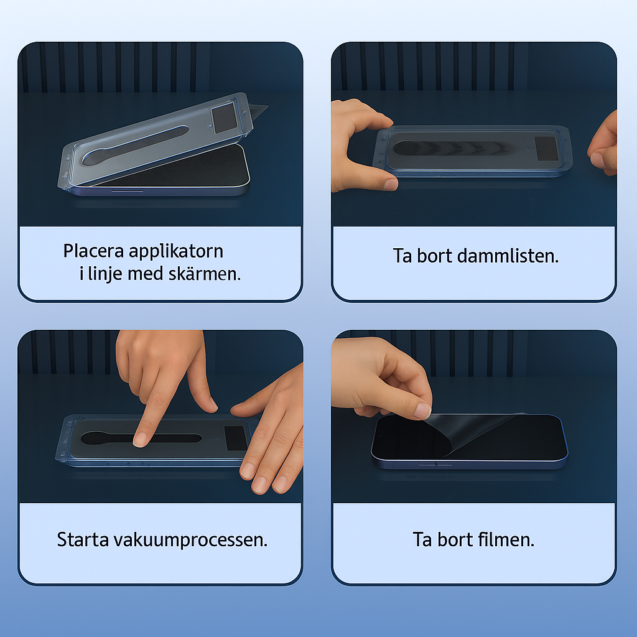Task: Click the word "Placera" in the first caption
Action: pyautogui.click(x=93, y=251)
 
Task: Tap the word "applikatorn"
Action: pyautogui.click(x=176, y=252)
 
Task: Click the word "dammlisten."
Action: pyautogui.click(x=508, y=256)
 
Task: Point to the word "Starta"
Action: pyautogui.click(x=83, y=540)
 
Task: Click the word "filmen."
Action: pyautogui.click(x=506, y=539)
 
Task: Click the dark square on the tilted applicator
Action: pyautogui.click(x=224, y=118)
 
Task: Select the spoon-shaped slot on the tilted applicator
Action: pyautogui.click(x=135, y=146)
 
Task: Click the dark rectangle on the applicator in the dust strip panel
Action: pyautogui.click(x=546, y=149)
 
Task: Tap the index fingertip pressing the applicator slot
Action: pyautogui.click(x=140, y=440)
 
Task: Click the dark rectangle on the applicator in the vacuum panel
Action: pyautogui.click(x=236, y=438)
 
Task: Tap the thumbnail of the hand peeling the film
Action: pyautogui.click(x=422, y=411)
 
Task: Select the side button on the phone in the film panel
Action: pyautogui.click(x=435, y=463)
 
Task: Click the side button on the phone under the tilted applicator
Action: pyautogui.click(x=127, y=190)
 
